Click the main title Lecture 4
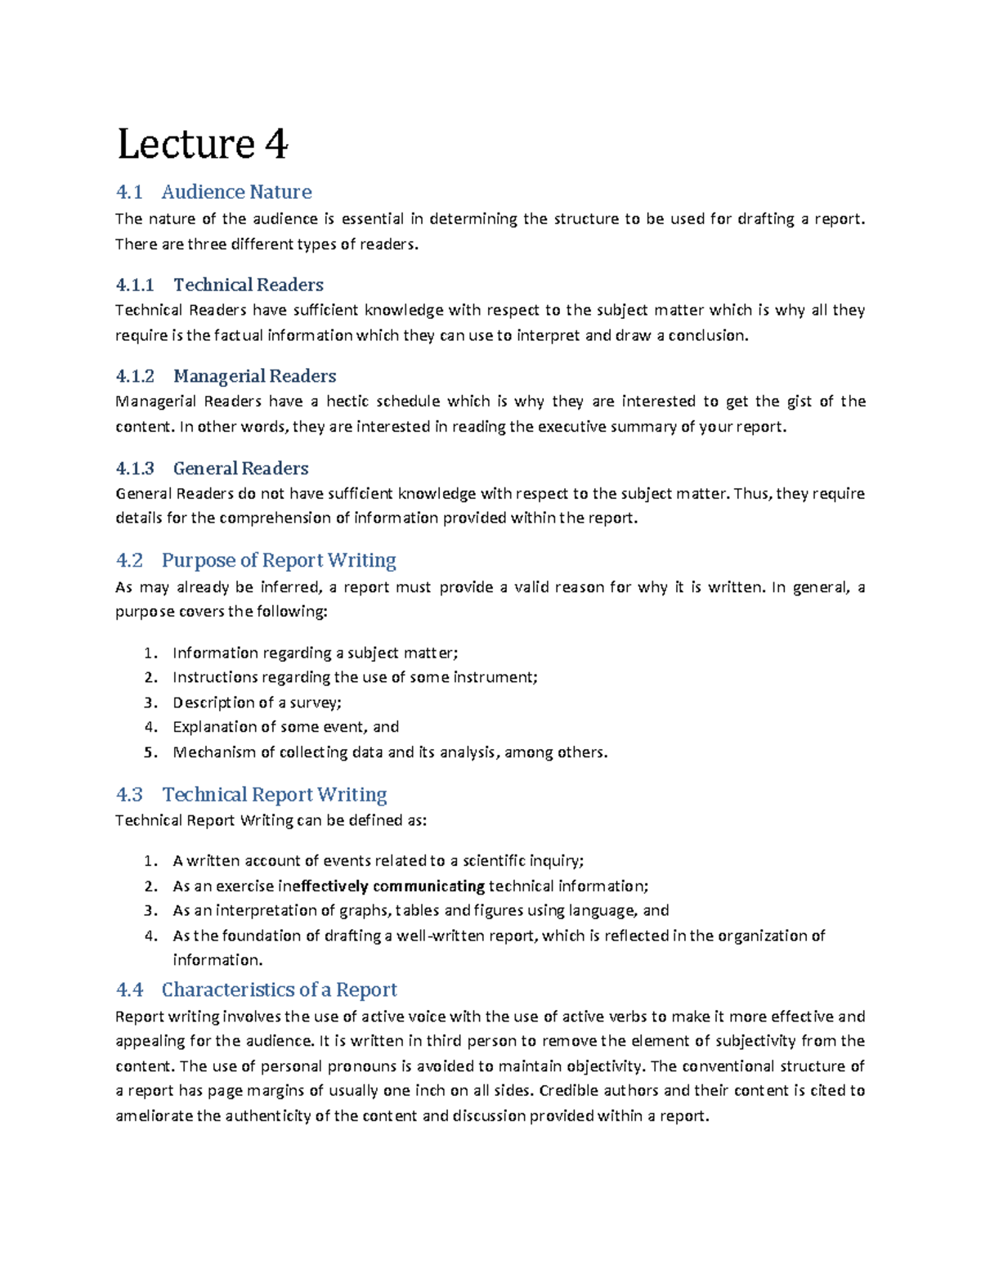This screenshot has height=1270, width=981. pyautogui.click(x=202, y=145)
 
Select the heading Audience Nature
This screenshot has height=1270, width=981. pyautogui.click(x=236, y=192)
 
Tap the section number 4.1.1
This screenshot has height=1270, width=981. pyautogui.click(x=135, y=285)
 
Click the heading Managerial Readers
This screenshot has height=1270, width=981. pyautogui.click(x=254, y=376)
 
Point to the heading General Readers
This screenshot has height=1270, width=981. pyautogui.click(x=240, y=469)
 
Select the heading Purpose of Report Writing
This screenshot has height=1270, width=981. pyautogui.click(x=279, y=560)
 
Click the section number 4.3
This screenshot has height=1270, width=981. pyautogui.click(x=129, y=795)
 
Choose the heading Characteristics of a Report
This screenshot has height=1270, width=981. pyautogui.click(x=279, y=990)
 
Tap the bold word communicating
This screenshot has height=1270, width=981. pyautogui.click(x=428, y=886)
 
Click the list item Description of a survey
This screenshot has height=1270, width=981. pyautogui.click(x=257, y=702)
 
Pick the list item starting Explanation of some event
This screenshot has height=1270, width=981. pyautogui.click(x=285, y=727)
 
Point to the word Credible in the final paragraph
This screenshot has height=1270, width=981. pyautogui.click(x=566, y=1091)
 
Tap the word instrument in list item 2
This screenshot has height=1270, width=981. pyautogui.click(x=494, y=677)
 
